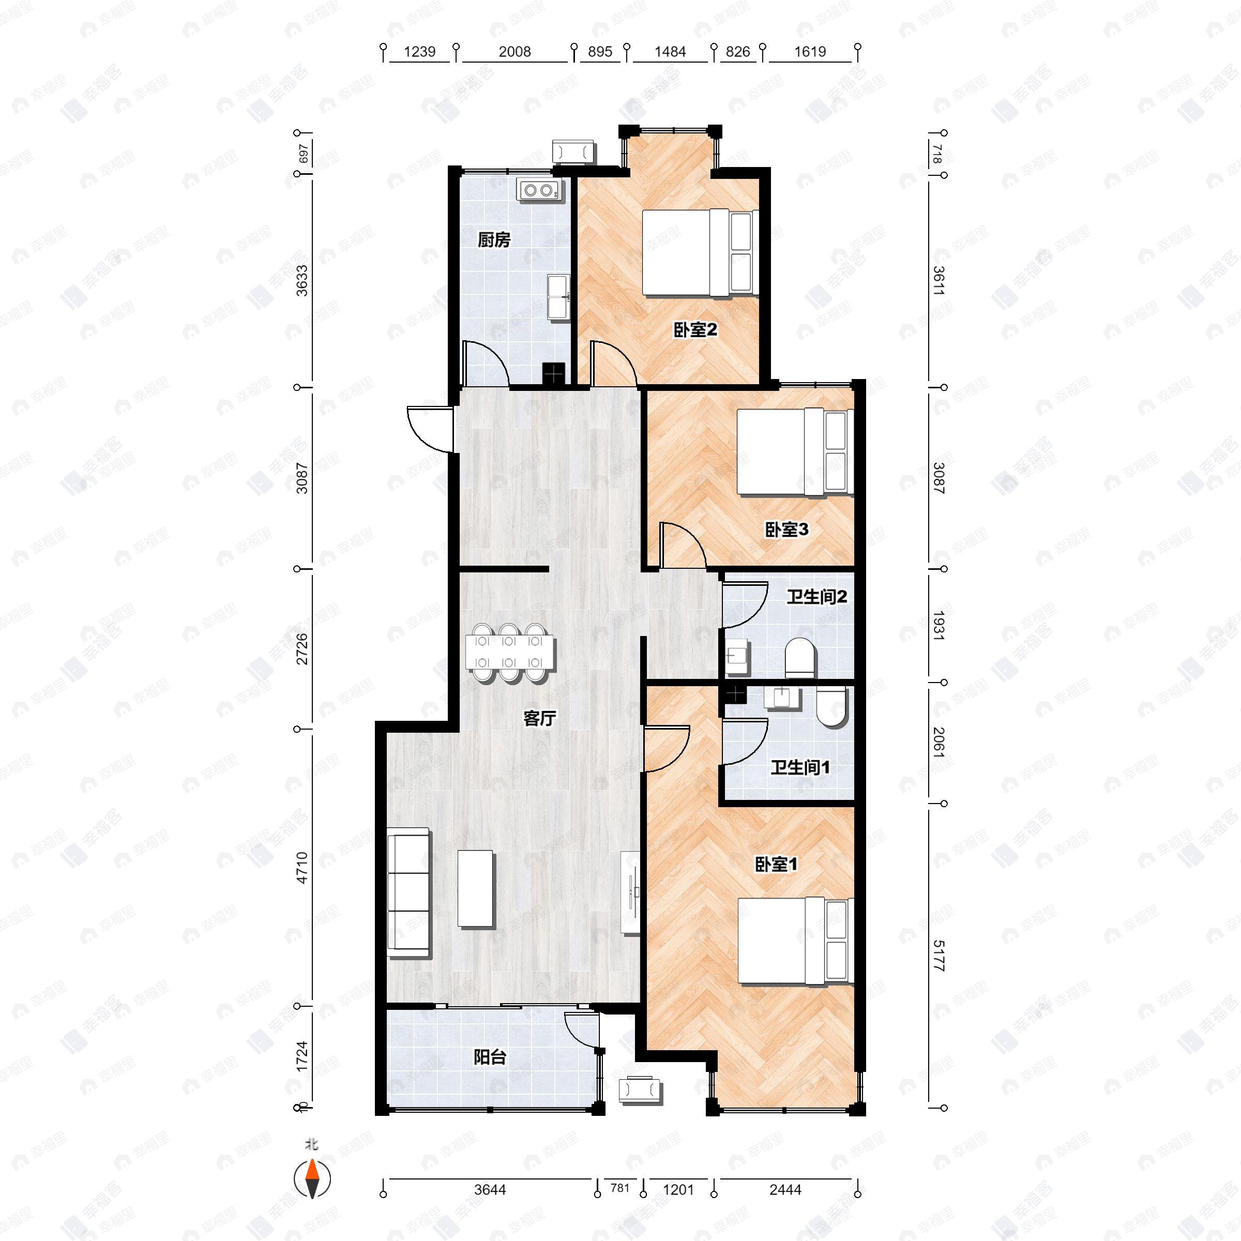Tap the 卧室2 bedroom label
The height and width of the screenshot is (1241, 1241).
pyautogui.click(x=694, y=330)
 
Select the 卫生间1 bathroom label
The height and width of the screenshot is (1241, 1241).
pyautogui.click(x=800, y=767)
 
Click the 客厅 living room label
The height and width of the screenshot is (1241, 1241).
pyautogui.click(x=539, y=718)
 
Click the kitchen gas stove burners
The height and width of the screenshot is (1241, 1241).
pyautogui.click(x=538, y=189)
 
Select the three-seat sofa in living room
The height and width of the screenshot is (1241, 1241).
pyautogui.click(x=408, y=893)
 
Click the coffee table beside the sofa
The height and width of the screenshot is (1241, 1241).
pyautogui.click(x=475, y=888)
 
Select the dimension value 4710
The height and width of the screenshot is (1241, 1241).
pyautogui.click(x=302, y=867)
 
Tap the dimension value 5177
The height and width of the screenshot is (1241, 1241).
pyautogui.click(x=939, y=955)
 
